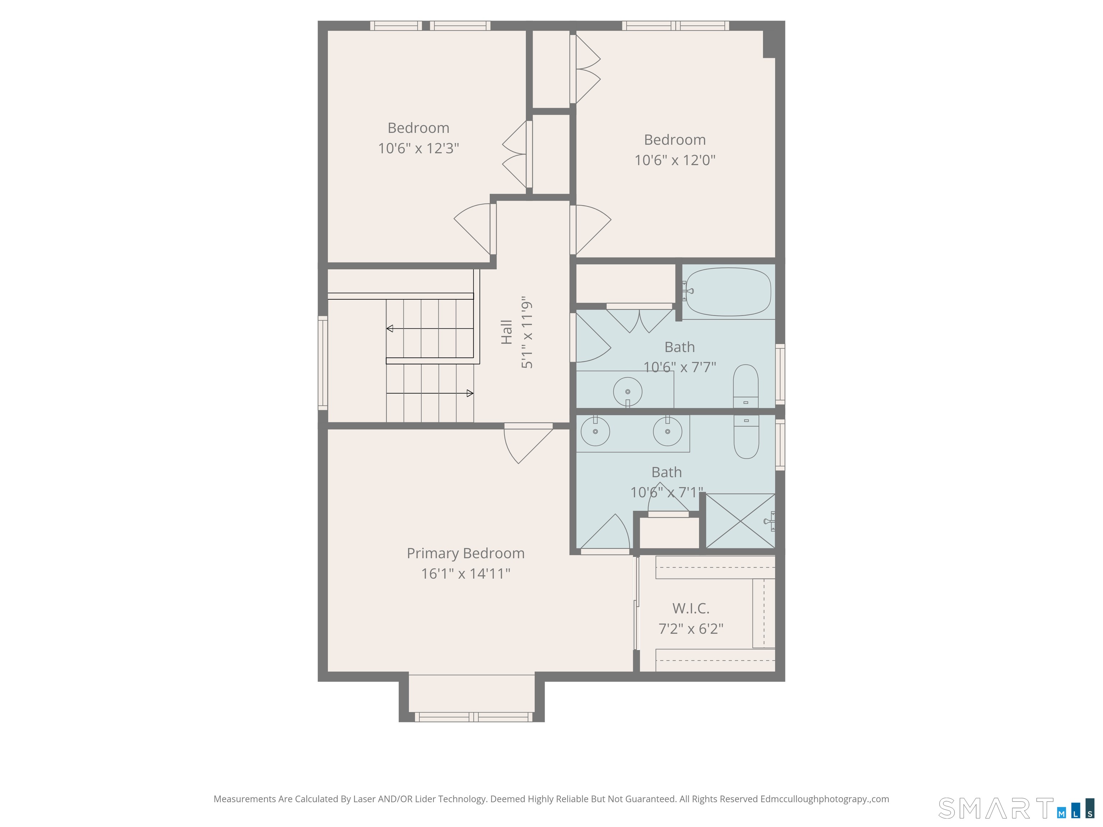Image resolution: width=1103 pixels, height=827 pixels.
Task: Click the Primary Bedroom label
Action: [465, 553]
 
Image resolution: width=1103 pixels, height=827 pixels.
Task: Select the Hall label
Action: [506, 332]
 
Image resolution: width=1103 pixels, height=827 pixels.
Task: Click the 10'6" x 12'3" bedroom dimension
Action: [418, 149]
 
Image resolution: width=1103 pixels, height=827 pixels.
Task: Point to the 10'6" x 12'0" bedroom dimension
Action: [675, 160]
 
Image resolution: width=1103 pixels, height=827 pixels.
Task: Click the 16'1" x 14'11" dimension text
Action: [466, 574]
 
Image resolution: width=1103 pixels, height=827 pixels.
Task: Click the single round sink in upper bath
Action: [627, 392]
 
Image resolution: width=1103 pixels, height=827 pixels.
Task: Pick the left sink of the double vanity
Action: [595, 431]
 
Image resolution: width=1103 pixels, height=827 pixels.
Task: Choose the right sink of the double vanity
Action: [667, 431]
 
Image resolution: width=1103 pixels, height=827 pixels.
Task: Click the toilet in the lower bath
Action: [746, 437]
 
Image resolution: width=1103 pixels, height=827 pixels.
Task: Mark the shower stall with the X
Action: [740, 521]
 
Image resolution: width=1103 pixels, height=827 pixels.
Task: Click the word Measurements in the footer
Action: [245, 799]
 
